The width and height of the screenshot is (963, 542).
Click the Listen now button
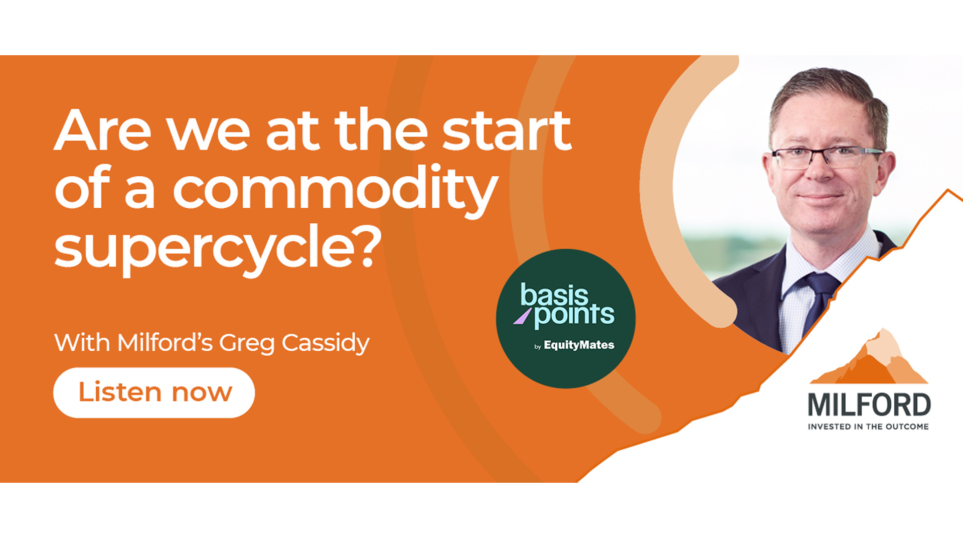coord(154,392)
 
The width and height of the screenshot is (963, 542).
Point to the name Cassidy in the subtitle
coord(326,344)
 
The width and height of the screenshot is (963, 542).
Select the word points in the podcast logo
coord(574,316)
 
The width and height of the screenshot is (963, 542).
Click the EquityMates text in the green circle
coord(579,345)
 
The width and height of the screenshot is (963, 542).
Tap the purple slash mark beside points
coord(522,316)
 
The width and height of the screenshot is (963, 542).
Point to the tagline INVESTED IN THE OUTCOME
coord(868,427)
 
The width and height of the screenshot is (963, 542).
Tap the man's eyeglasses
coord(827,157)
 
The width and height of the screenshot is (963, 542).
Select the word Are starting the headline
coord(103,130)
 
